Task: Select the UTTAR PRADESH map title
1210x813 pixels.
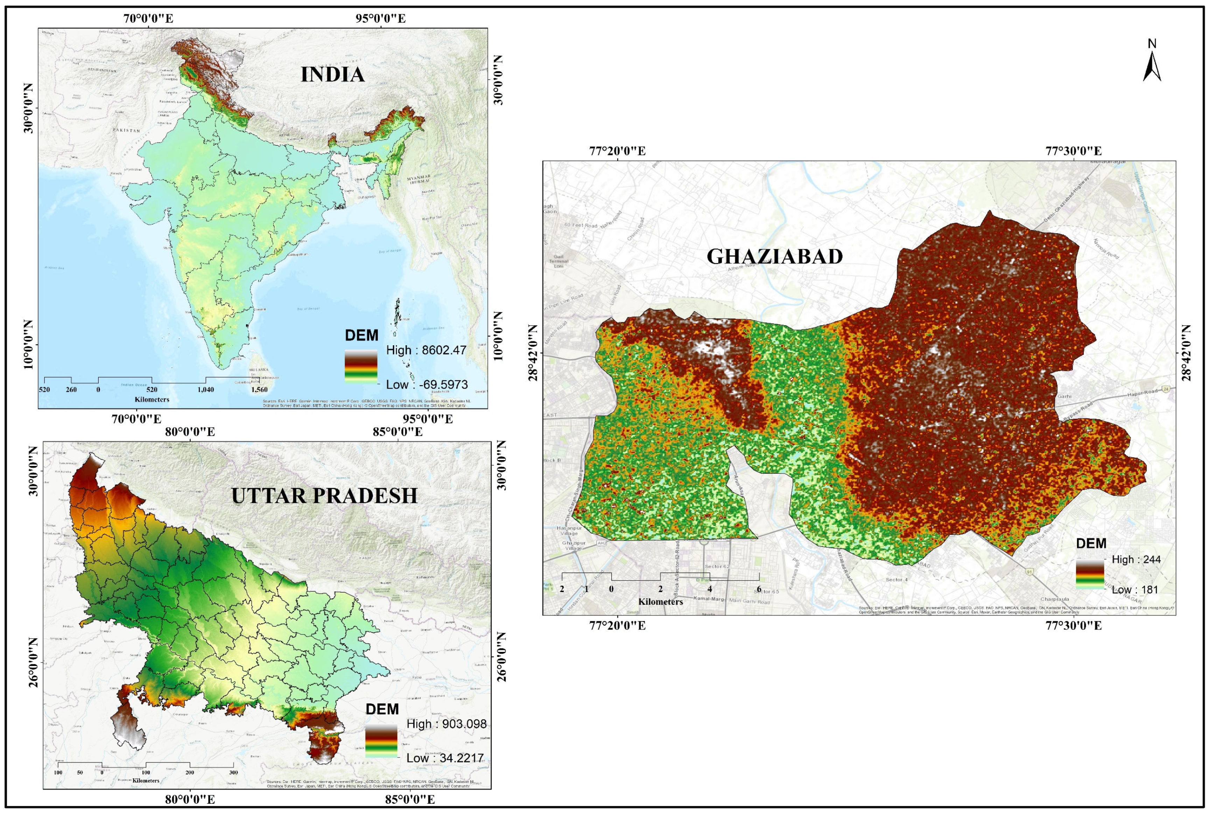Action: (324, 496)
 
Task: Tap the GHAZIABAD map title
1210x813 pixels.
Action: (775, 257)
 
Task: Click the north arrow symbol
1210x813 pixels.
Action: (1152, 67)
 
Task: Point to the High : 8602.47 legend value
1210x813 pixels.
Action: (426, 350)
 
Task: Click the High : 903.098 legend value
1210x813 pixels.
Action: (446, 724)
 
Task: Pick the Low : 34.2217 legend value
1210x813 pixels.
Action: (445, 758)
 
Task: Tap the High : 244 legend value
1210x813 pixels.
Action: (1136, 560)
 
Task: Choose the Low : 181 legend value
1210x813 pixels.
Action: (1134, 590)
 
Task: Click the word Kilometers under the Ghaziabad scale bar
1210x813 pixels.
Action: (660, 602)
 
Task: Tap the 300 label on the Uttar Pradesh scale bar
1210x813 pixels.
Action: (233, 772)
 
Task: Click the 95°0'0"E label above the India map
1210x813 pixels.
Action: (381, 19)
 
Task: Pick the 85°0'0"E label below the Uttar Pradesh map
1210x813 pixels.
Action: (409, 799)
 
